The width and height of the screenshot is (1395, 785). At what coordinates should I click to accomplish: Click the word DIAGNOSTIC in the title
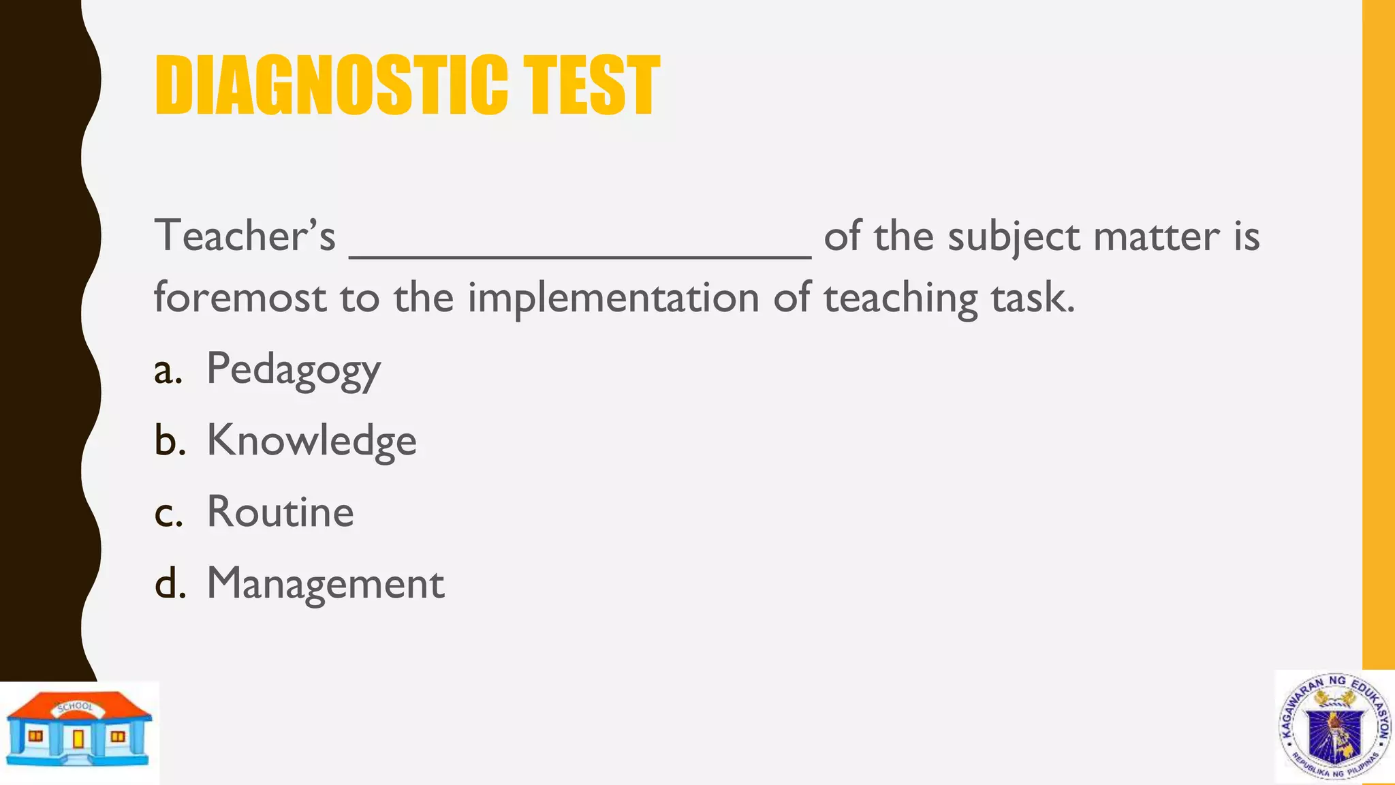[331, 85]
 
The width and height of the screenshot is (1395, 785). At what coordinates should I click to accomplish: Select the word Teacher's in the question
[245, 236]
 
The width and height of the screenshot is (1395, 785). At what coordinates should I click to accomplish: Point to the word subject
[1014, 237]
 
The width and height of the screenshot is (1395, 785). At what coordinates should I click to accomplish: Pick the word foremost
[240, 298]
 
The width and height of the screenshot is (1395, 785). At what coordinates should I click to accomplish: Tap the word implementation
[613, 298]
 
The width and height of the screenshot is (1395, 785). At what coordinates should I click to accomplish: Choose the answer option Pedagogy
[294, 370]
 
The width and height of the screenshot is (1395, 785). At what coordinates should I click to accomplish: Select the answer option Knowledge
[311, 441]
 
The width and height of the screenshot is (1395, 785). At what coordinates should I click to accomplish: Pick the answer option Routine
[280, 512]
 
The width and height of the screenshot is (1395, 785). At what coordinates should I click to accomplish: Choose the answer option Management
[326, 583]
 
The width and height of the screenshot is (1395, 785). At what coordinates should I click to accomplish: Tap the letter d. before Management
[170, 585]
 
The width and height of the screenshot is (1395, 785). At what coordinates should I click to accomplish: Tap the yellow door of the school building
[78, 739]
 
